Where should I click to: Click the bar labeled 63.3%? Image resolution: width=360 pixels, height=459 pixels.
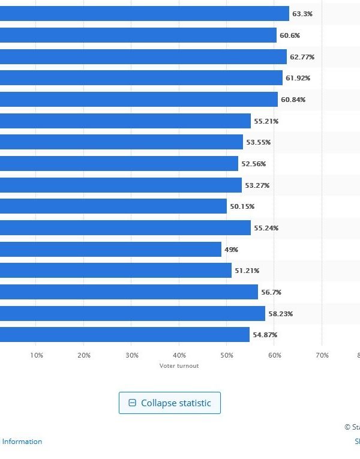tap(144, 14)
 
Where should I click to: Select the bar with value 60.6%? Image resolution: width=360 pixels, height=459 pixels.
tap(138, 35)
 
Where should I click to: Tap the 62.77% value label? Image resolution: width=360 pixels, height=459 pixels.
tap(302, 57)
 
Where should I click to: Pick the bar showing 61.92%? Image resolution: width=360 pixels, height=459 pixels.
tap(141, 78)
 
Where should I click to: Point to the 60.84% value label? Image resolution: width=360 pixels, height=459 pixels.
tap(293, 100)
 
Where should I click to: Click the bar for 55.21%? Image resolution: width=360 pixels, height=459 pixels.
tap(125, 121)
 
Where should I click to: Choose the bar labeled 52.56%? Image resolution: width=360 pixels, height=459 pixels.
tap(119, 164)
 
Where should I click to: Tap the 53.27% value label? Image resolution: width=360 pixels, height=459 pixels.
tap(257, 185)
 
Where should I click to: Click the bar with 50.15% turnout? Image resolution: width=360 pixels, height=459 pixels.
tap(113, 206)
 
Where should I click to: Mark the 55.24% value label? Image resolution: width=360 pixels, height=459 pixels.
tap(266, 228)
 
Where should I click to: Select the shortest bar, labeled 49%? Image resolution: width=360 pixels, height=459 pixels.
tap(110, 249)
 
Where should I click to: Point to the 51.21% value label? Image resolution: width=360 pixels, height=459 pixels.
tap(247, 271)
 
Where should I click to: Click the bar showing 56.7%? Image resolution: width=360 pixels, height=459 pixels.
tap(129, 292)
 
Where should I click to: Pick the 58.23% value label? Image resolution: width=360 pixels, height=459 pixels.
tap(280, 314)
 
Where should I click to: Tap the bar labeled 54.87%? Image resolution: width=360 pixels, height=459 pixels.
tap(125, 335)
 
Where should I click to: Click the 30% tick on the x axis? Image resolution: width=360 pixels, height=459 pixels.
tap(131, 356)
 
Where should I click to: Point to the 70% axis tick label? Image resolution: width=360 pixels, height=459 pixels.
tap(322, 356)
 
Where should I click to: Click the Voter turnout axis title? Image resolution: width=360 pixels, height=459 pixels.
tap(179, 366)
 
